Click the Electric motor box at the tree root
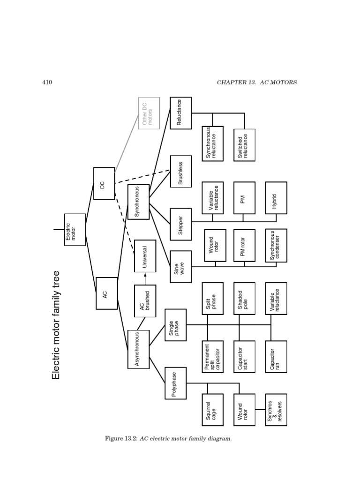click(x=75, y=230)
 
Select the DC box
click(x=104, y=183)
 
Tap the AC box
click(x=106, y=293)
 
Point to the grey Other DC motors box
click(x=149, y=113)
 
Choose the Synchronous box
click(x=138, y=202)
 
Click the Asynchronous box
click(x=138, y=349)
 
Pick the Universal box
click(x=145, y=256)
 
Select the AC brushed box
click(x=145, y=300)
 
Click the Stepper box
click(x=181, y=224)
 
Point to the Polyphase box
click(x=175, y=383)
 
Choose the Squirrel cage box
click(x=213, y=410)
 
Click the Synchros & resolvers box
click(x=276, y=410)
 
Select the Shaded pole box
click(x=244, y=299)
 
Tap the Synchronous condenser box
click(x=276, y=245)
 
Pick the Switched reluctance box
click(x=244, y=145)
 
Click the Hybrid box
click(x=276, y=198)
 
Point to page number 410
click(x=47, y=82)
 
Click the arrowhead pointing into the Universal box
click(x=145, y=275)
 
